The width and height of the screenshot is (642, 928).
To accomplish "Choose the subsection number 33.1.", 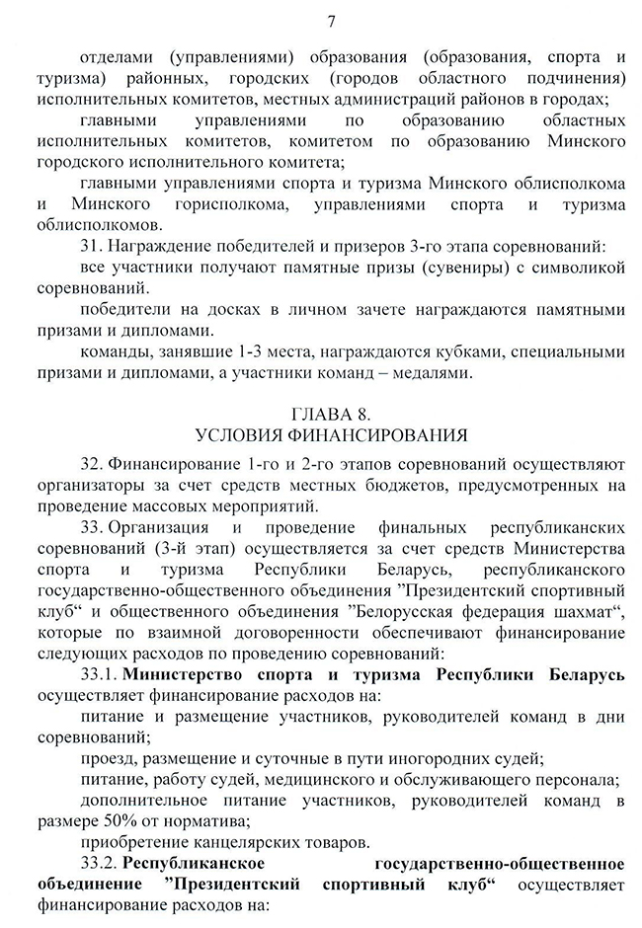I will pos(100,673).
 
